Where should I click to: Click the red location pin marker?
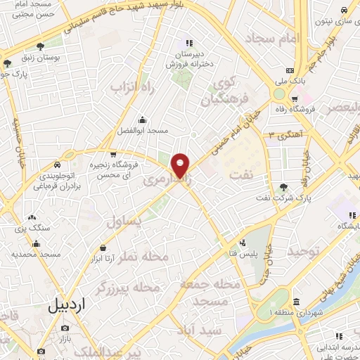(181, 165)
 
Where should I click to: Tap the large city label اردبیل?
(67, 306)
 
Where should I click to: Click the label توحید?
(302, 252)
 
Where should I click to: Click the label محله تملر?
(144, 257)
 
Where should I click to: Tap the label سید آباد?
(200, 329)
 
